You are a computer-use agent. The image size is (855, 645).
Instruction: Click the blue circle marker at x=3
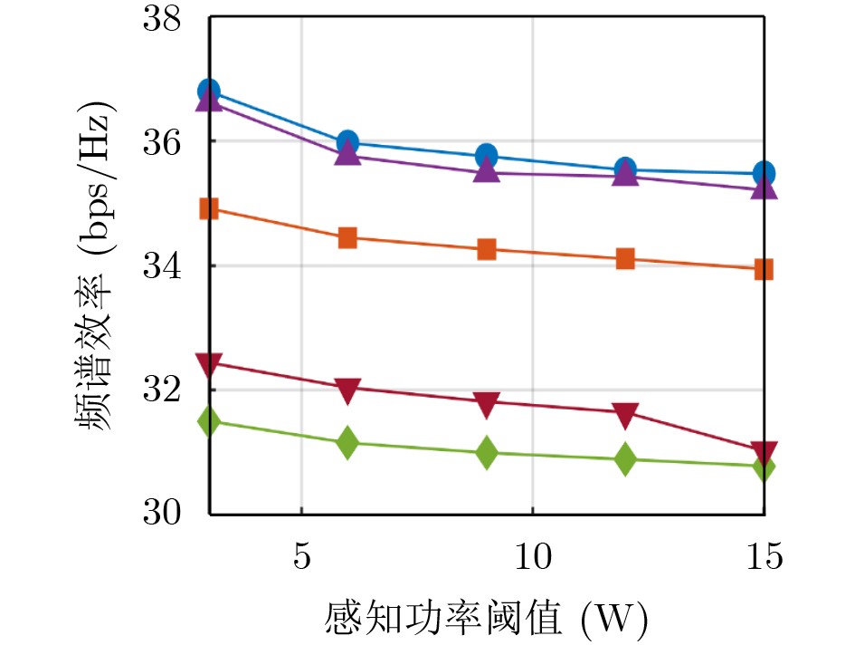tap(209, 91)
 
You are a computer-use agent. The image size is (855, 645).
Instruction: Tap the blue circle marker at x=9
tap(487, 156)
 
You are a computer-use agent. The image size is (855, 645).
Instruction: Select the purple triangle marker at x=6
tap(347, 153)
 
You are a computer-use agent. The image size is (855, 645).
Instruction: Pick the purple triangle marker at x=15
tap(765, 187)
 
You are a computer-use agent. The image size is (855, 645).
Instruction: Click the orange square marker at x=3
tap(209, 209)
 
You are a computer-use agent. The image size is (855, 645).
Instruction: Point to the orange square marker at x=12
tap(625, 259)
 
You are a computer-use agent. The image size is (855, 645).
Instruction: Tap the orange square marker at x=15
tap(765, 269)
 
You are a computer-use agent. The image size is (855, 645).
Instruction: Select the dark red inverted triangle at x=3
tap(209, 365)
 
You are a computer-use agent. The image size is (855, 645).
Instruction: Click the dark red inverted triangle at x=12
tap(625, 415)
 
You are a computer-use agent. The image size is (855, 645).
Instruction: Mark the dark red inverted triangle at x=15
tap(765, 451)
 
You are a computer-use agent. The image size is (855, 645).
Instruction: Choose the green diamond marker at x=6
tap(347, 443)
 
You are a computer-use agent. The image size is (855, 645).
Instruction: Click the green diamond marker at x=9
tap(487, 452)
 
